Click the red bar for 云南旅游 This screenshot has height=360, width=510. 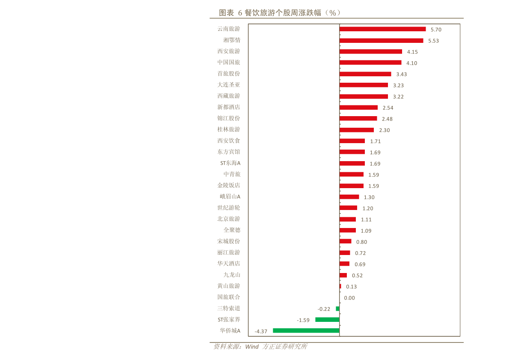point(382,29)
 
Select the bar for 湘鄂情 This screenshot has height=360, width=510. point(381,40)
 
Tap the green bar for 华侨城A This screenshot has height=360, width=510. point(306,330)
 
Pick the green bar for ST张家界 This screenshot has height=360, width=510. point(327,319)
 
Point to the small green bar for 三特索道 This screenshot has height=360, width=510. point(337,309)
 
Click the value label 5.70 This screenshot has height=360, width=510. point(436,30)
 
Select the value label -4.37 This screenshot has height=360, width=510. point(261,331)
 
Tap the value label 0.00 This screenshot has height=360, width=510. point(349,298)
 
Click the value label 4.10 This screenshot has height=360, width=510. point(412,63)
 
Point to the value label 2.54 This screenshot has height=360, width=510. point(388,108)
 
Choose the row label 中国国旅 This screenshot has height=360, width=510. point(228,62)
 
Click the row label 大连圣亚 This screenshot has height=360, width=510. point(228,84)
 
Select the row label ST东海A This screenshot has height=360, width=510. point(230,163)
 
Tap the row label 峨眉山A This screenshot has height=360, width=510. point(230,196)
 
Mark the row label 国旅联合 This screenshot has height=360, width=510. point(228,297)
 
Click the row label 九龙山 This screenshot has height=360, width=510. point(232,274)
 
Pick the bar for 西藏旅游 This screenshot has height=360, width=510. point(364,96)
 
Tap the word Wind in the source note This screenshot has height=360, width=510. point(251,347)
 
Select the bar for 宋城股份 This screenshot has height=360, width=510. point(345,241)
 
